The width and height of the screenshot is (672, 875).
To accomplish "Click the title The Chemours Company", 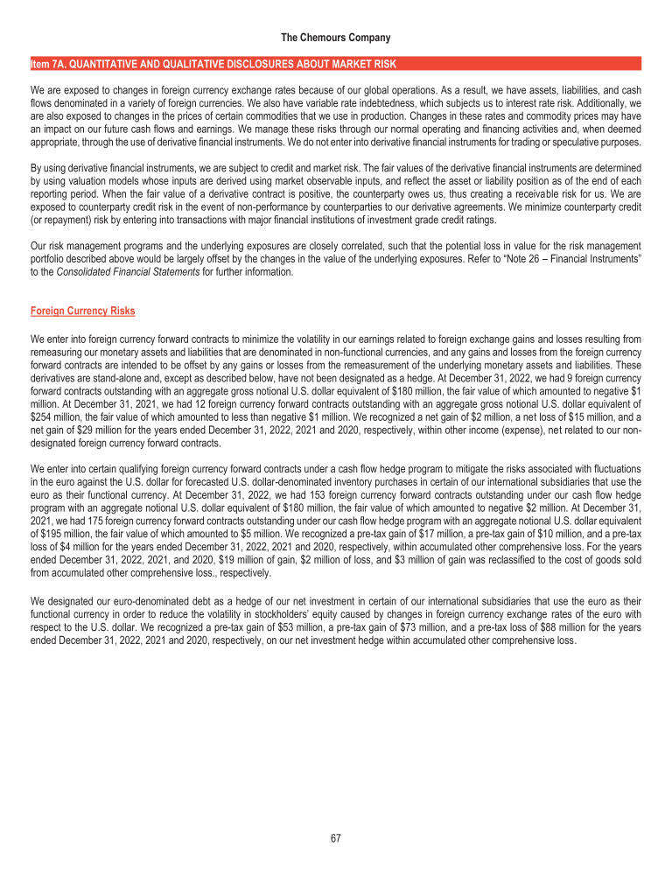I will pyautogui.click(x=336, y=38).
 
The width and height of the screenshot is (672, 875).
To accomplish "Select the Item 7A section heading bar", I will pyautogui.click(x=336, y=64).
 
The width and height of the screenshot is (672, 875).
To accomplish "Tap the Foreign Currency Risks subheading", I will pyautogui.click(x=82, y=310).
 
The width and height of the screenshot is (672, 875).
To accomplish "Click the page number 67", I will pyautogui.click(x=336, y=838).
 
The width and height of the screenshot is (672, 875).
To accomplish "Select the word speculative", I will pyautogui.click(x=598, y=142).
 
